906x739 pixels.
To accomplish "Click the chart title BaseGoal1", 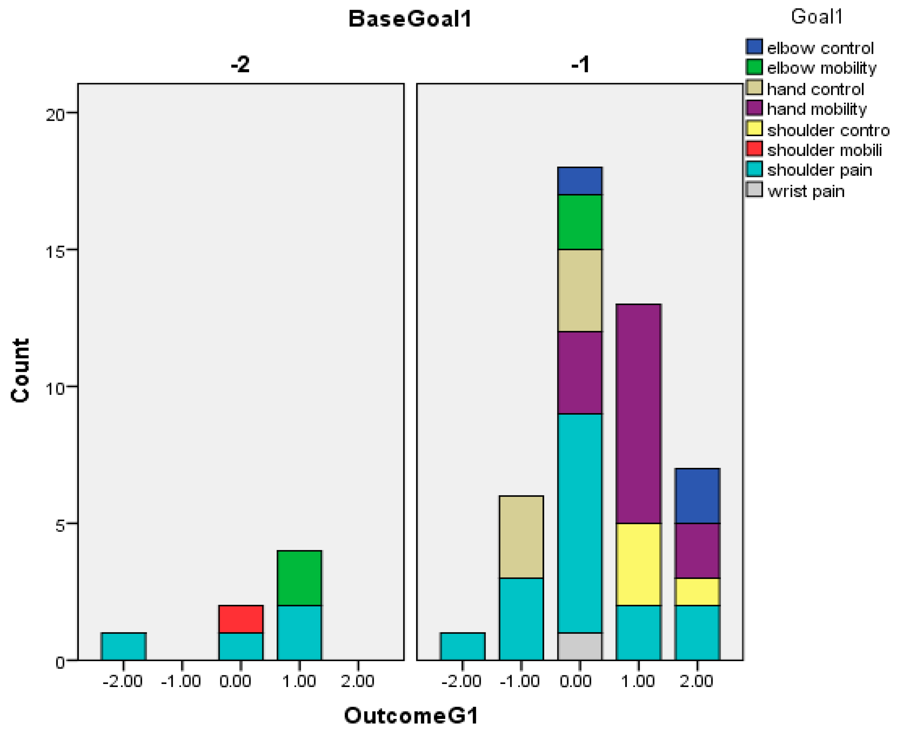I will (410, 19).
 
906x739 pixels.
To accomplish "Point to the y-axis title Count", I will (20, 370).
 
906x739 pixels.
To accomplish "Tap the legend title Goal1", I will (817, 17).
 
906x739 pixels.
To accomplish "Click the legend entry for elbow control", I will (820, 48).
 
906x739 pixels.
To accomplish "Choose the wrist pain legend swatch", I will (754, 190).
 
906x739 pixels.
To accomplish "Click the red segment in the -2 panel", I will (241, 619).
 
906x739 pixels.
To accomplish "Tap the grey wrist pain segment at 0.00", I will (580, 646).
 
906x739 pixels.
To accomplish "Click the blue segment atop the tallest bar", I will (580, 181).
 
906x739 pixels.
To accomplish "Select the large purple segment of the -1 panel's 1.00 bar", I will (638, 414).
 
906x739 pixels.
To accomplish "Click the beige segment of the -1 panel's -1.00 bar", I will (521, 537).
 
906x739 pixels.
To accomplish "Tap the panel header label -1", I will (580, 65).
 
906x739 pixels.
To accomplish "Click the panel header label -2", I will (240, 65).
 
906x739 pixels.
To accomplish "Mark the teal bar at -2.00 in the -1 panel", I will (463, 646).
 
